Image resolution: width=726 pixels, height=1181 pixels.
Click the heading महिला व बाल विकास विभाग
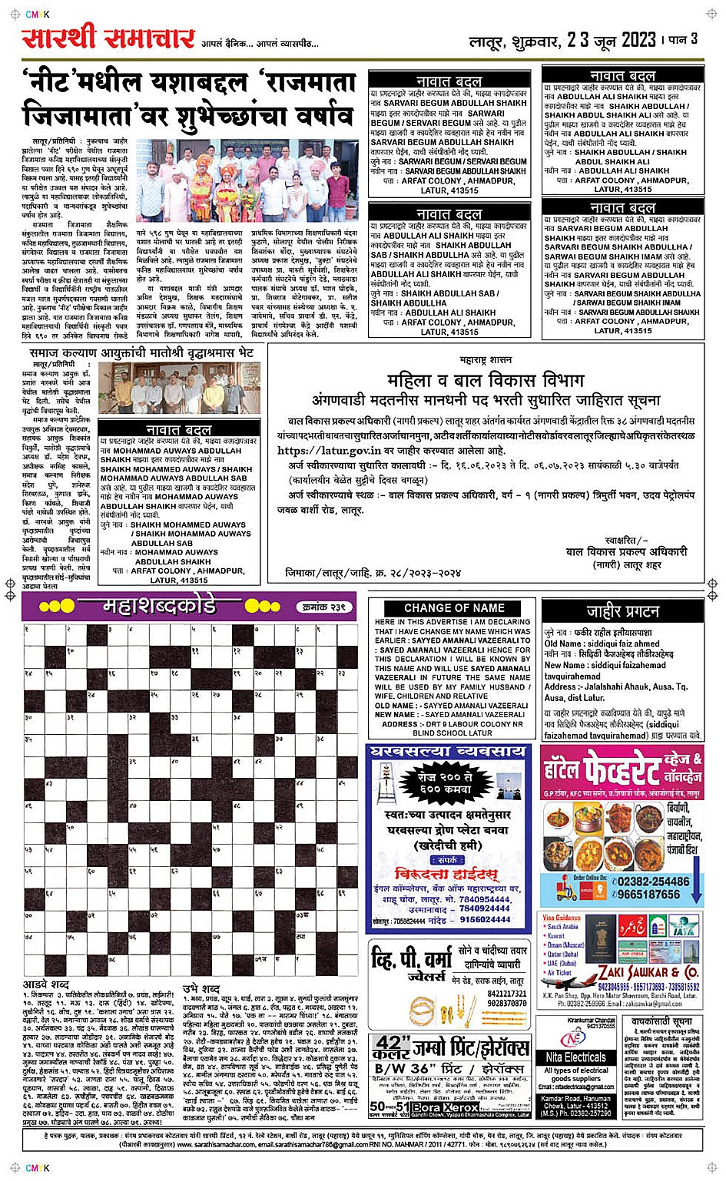486,380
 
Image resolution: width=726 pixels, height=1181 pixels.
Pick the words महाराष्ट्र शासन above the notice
486,359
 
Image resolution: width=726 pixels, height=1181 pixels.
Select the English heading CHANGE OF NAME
454,607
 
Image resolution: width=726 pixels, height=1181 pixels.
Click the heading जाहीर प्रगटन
622,611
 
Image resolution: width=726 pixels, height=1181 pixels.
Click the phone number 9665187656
648,895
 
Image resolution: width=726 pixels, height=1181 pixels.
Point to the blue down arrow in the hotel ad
695,882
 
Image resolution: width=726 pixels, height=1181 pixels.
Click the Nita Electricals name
575,1057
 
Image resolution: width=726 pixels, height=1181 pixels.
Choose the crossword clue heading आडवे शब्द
46,984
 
